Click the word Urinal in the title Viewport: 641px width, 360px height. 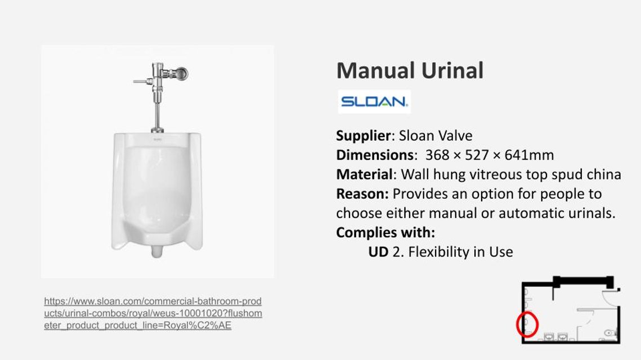[452, 70]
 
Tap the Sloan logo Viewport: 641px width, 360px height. [374, 101]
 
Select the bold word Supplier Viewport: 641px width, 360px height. [364, 136]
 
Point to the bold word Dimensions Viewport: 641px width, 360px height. [375, 155]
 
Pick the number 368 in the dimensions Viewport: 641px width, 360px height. [437, 155]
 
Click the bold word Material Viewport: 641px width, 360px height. [364, 174]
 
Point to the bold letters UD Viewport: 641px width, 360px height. [378, 251]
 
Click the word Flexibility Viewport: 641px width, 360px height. [438, 251]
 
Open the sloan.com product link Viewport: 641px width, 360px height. [153, 313]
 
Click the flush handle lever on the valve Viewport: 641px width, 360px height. [143, 82]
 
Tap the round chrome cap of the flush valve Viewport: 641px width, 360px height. [180, 74]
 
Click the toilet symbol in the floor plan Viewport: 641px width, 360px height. [610, 333]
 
